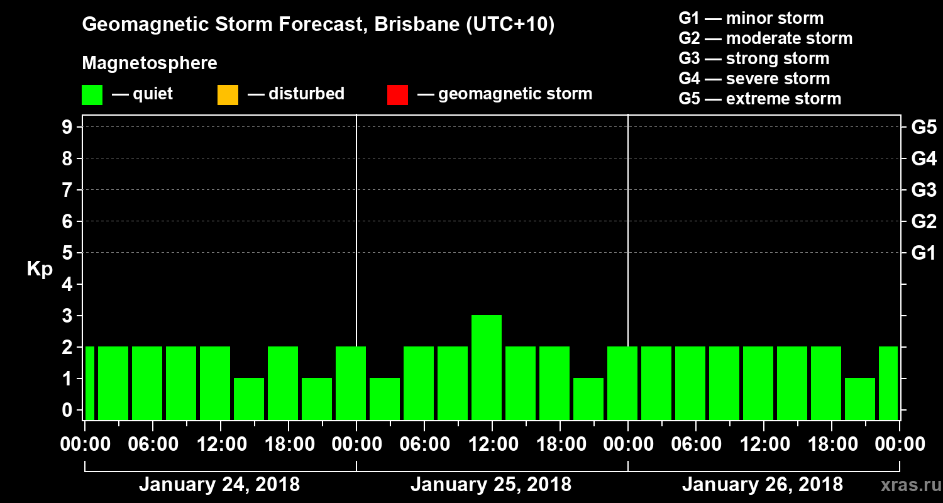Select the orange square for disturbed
228,94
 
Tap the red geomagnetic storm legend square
397,94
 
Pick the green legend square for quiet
92,94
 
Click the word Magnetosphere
150,64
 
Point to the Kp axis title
39,268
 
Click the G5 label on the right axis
924,127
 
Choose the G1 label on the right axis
924,253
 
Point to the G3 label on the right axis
924,190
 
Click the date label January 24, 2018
219,485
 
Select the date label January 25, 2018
491,485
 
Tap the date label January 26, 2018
763,485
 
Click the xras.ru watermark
907,485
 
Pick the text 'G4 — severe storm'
754,79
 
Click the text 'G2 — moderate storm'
766,38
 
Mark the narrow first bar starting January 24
89,382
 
